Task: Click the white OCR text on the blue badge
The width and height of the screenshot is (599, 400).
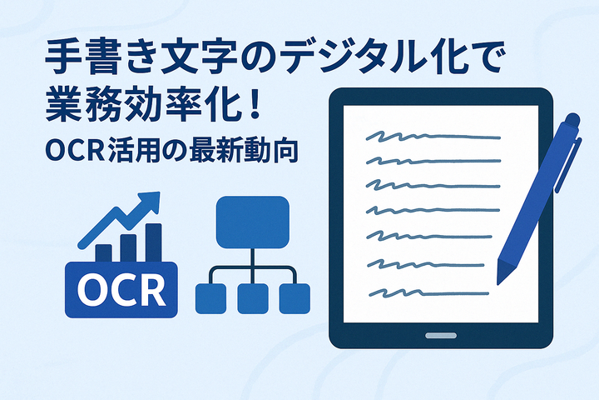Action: pos(121,291)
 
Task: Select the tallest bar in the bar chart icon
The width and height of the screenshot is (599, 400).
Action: pos(154,243)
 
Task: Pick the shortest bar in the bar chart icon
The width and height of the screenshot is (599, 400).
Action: pos(103,253)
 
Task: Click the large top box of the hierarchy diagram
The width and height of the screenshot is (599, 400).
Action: pos(253,222)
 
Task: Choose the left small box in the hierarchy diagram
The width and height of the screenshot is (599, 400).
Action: pos(210,299)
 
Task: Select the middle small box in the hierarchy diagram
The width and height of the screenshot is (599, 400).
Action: pos(253,299)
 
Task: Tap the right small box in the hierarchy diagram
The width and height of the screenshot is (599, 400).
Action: pos(295,299)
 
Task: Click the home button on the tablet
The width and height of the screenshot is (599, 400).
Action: pos(441,336)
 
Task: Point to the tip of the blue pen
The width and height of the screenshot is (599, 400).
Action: pos(498,283)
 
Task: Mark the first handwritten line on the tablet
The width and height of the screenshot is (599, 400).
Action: pos(433,136)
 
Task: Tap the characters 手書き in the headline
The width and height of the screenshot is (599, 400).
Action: pos(101,57)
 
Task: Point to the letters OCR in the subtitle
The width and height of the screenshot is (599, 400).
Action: pos(75,151)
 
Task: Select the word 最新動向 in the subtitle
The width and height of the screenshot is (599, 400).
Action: pos(243,151)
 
